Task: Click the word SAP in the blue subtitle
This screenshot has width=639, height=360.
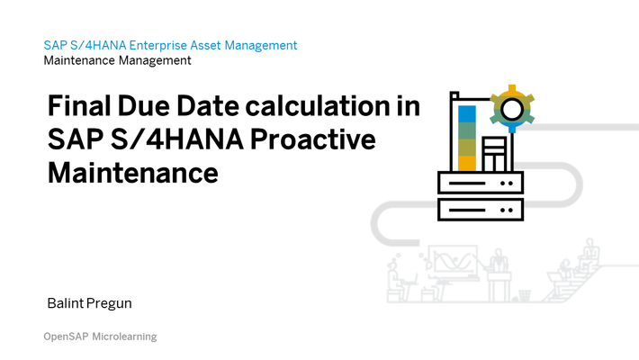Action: [54, 45]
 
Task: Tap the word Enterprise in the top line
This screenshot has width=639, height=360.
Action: [162, 45]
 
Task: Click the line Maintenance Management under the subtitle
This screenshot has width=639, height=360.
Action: [117, 61]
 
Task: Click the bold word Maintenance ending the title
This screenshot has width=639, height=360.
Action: [132, 171]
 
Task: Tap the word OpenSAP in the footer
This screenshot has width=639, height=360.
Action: [67, 337]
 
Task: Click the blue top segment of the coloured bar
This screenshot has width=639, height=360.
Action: [466, 114]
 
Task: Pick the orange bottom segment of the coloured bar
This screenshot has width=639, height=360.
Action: [466, 163]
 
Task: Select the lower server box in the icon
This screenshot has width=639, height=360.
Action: [479, 210]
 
